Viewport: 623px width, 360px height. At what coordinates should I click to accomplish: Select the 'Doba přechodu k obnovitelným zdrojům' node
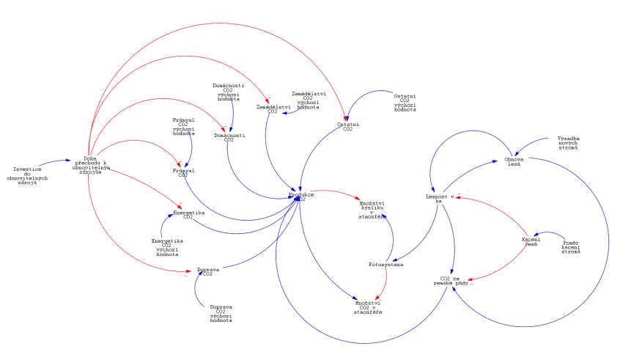(91, 165)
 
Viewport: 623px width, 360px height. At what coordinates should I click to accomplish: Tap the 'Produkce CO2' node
(301, 196)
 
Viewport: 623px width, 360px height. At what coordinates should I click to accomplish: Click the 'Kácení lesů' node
(531, 241)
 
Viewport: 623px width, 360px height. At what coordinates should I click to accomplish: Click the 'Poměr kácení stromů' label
(572, 247)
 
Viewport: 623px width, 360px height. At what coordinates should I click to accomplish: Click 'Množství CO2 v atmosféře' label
(368, 307)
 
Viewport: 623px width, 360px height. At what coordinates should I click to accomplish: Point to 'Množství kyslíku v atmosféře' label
(372, 210)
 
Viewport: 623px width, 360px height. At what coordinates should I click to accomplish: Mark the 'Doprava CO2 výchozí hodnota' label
(221, 313)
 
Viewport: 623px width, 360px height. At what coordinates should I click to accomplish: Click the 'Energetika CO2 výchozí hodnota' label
(167, 247)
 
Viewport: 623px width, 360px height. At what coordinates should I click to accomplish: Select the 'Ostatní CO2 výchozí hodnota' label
(405, 103)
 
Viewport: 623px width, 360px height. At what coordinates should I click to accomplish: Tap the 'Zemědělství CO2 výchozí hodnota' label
(309, 100)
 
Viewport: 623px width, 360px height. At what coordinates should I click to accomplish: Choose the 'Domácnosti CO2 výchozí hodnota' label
(228, 92)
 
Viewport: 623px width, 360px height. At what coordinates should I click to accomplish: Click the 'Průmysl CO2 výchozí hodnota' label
(183, 126)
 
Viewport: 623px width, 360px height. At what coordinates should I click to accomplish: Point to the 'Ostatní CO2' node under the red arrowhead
(348, 126)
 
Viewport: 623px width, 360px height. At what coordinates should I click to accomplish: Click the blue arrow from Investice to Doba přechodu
(53, 161)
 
